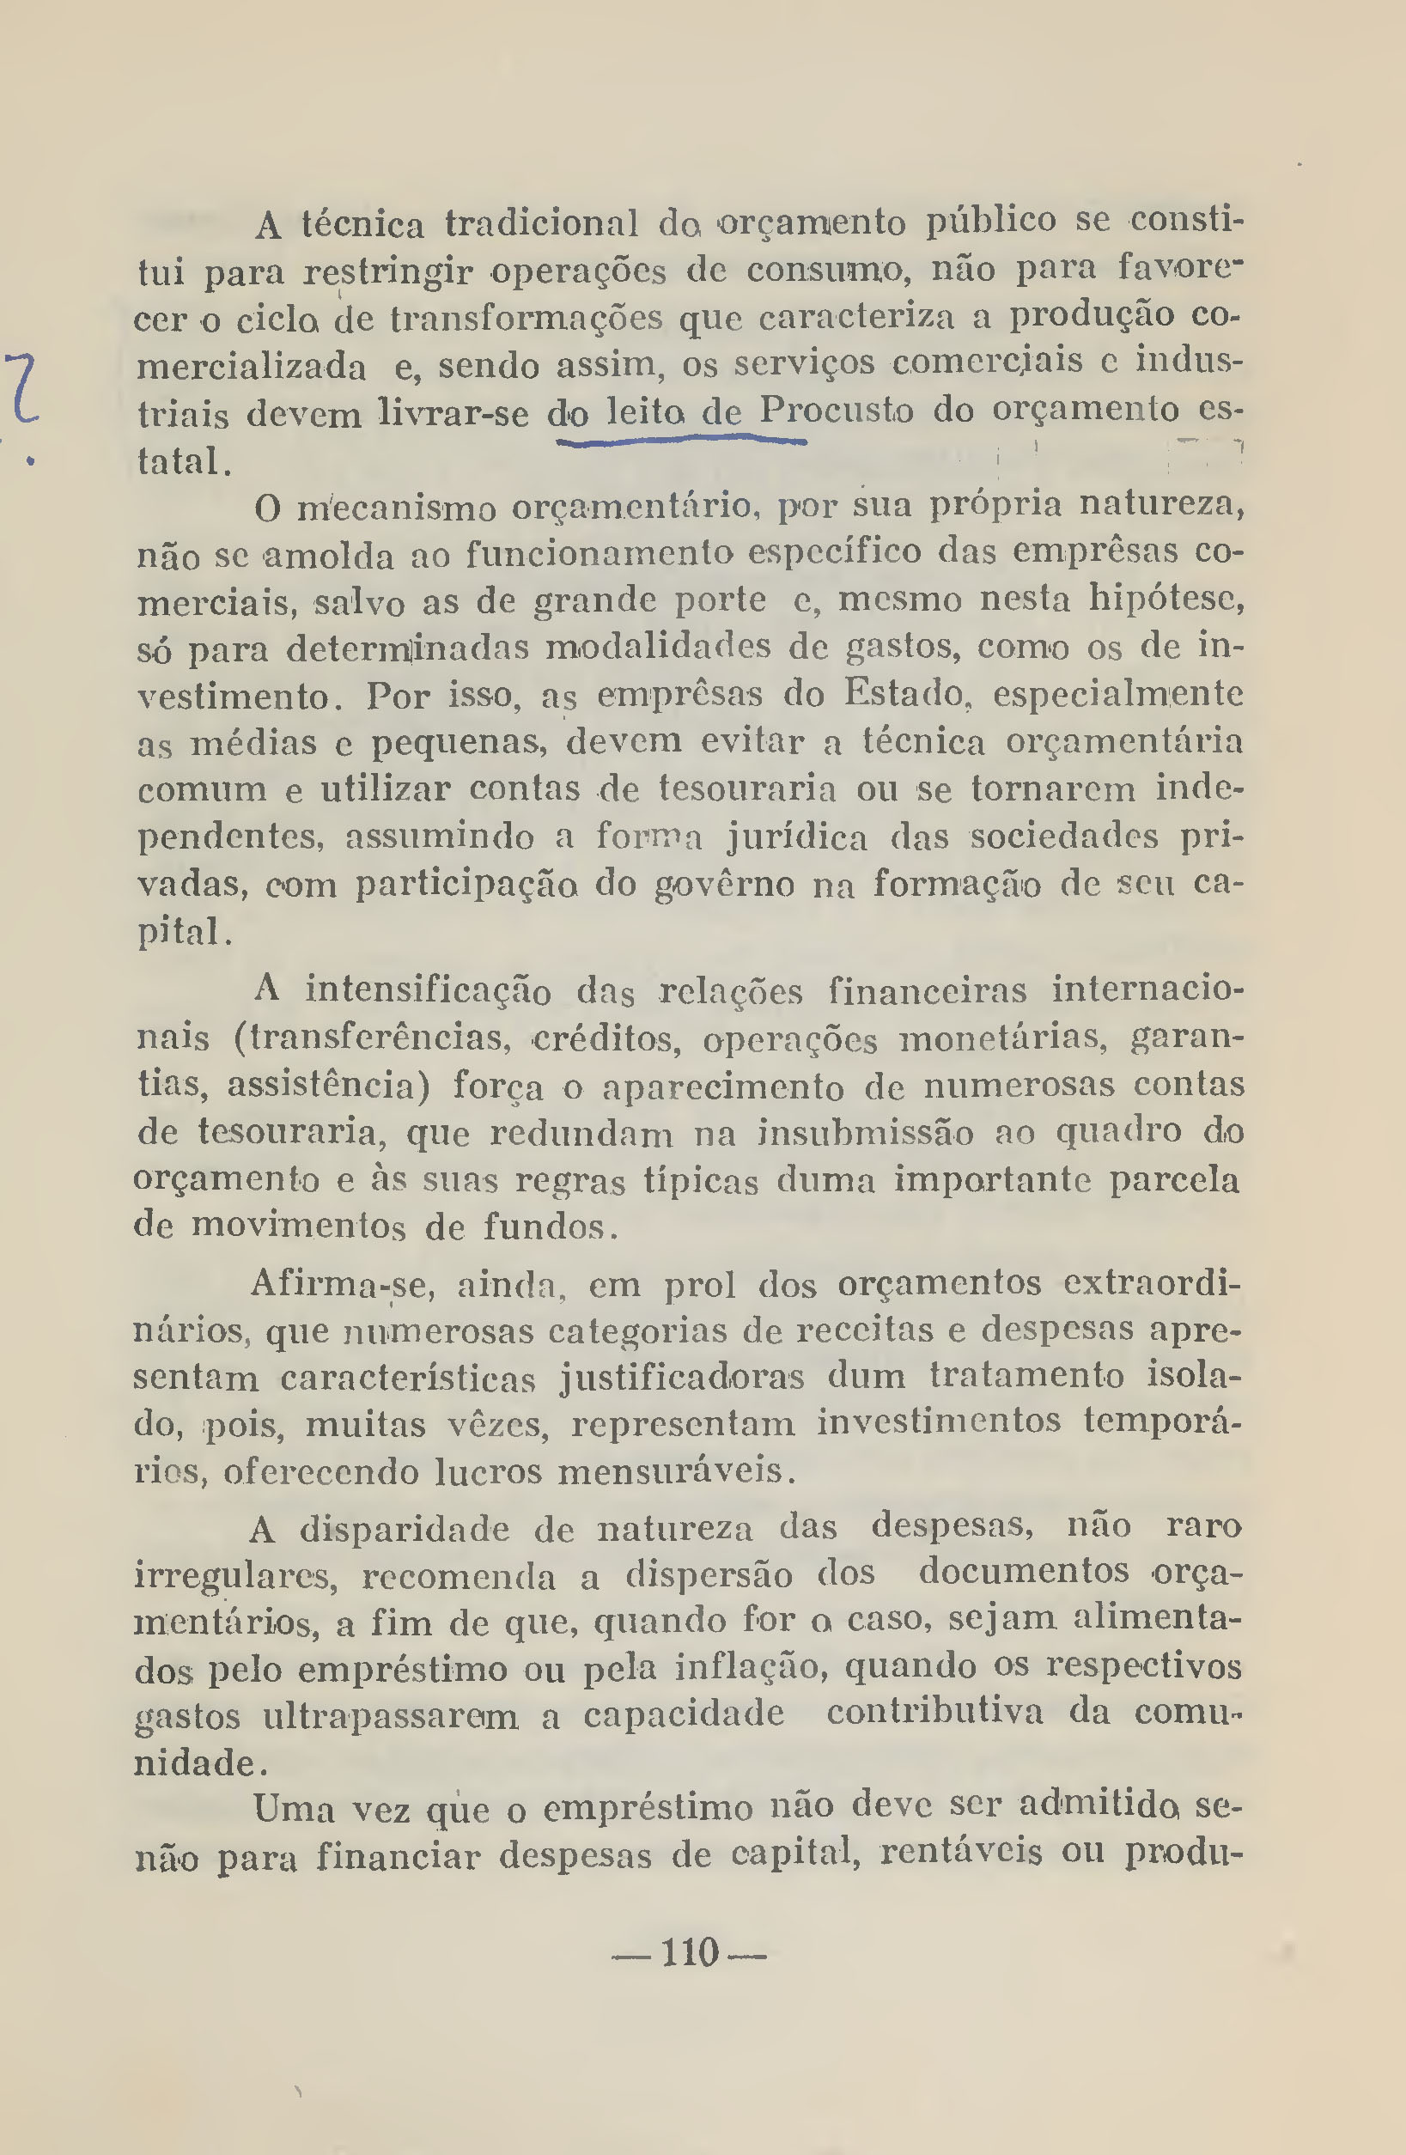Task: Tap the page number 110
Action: click(690, 1953)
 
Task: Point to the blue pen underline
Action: click(680, 440)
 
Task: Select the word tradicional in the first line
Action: click(540, 222)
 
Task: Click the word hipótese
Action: click(1166, 600)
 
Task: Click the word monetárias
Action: click(1004, 1038)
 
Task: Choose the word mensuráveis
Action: click(675, 1470)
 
